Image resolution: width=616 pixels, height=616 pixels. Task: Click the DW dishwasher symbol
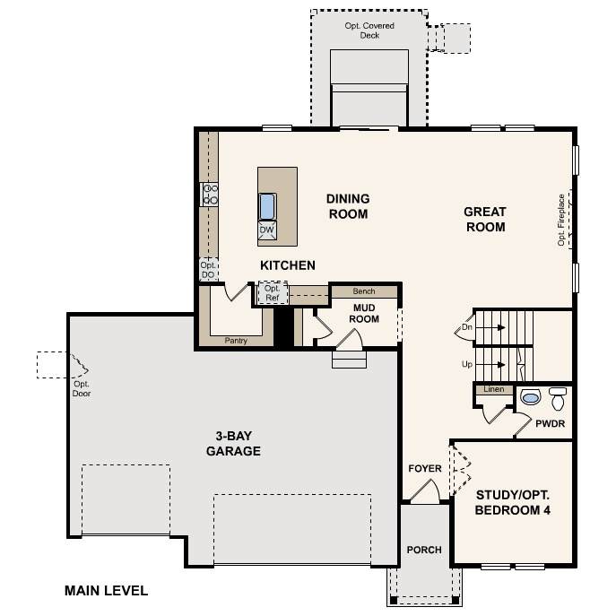267,230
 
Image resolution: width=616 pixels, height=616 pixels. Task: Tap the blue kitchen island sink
267,206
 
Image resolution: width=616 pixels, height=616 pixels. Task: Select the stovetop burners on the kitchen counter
210,195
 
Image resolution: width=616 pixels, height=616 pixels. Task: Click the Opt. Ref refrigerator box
273,293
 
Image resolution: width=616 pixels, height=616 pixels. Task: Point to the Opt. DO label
208,270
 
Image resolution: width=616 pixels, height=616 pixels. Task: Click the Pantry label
236,341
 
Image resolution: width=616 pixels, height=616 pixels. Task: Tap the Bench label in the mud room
364,291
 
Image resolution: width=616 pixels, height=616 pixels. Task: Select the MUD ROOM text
364,313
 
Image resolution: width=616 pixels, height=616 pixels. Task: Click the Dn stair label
467,327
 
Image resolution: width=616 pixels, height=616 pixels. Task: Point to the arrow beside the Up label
490,365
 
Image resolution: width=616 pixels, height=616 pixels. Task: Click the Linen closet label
494,389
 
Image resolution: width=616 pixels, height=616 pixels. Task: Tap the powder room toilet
558,398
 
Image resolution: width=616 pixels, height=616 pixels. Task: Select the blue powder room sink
531,397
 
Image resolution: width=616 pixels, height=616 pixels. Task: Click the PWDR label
550,423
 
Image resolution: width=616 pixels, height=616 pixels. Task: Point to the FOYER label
425,468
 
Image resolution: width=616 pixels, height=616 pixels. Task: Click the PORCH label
424,550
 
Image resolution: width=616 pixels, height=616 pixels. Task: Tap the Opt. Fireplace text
561,220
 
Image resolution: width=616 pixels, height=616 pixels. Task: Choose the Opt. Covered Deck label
369,30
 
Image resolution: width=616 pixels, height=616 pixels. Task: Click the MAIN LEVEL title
106,591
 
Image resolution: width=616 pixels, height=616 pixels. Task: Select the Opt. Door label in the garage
82,388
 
